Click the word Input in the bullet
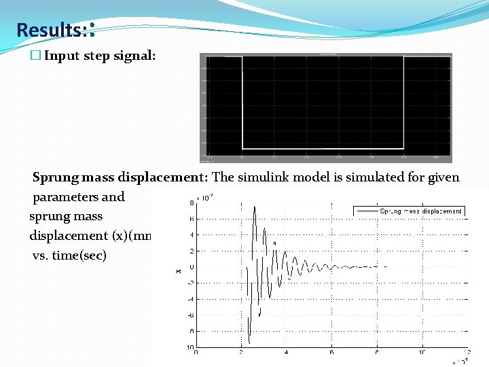tap(62, 56)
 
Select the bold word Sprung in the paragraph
tap(55, 178)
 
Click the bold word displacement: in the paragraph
tap(163, 178)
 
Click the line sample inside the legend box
tap(367, 211)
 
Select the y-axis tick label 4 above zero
tap(192, 235)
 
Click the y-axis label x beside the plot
tap(179, 272)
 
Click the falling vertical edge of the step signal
tap(242, 102)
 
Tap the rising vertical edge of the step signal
tap(403, 102)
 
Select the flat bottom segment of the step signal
tap(323, 148)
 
